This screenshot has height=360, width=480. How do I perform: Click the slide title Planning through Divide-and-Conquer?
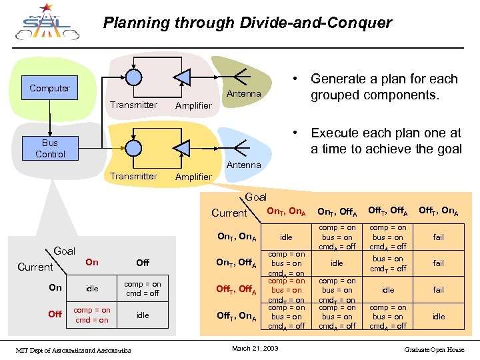247,23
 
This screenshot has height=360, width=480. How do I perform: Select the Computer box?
50,88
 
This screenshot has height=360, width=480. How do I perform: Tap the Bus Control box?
50,149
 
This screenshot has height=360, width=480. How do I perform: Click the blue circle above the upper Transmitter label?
134,77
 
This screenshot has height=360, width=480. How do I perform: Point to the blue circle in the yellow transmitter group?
134,147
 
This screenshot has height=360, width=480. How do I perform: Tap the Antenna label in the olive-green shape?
244,94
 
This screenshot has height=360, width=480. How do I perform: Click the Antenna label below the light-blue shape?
244,165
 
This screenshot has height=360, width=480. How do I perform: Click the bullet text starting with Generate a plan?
384,87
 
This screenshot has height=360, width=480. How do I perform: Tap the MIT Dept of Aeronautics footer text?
73,349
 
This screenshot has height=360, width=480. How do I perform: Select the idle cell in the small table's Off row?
143,315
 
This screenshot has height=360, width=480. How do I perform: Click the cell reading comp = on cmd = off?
143,288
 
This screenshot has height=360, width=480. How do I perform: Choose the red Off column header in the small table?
143,263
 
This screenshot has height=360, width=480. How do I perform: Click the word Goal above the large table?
256,197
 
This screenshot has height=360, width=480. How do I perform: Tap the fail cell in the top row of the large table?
438,237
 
